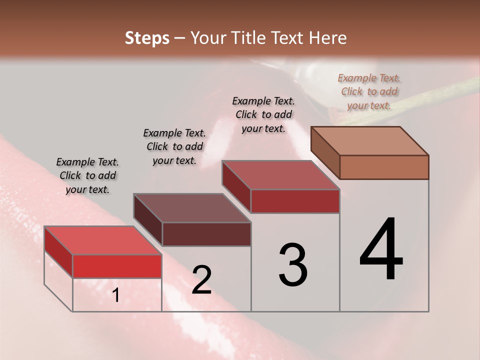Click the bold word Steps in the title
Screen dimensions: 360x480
(147, 38)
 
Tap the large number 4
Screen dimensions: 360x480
(381, 250)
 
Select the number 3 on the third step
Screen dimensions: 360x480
(293, 265)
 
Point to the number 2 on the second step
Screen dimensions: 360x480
(201, 280)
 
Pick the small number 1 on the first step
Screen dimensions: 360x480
(116, 295)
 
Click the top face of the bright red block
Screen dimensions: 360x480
(102, 240)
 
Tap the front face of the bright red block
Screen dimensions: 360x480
(117, 266)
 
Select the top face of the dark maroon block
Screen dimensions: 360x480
(192, 208)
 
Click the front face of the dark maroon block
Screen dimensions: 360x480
(206, 234)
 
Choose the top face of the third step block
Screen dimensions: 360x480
(280, 175)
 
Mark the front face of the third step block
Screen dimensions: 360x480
(295, 201)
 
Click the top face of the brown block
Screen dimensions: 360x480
(369, 140)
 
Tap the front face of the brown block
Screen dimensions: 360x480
(384, 167)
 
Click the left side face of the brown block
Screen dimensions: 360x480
(325, 152)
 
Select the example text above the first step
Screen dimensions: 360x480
(87, 175)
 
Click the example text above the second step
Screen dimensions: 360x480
(174, 146)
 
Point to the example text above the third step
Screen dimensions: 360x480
(263, 114)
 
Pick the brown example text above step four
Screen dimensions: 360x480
(369, 91)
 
